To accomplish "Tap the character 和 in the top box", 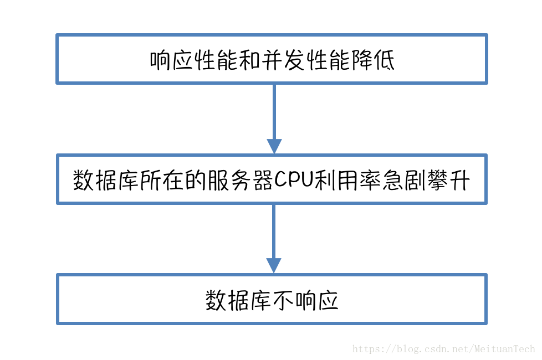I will pyautogui.click(x=250, y=60).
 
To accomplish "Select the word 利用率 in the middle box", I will pyautogui.click(x=350, y=180).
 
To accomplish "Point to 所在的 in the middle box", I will pyautogui.click(x=174, y=180).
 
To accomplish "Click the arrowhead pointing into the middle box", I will pyautogui.click(x=274, y=146).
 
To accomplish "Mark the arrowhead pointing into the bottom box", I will pyautogui.click(x=274, y=265).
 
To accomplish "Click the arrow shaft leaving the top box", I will pyautogui.click(x=274, y=111).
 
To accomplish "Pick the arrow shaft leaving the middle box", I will pyautogui.click(x=274, y=230).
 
